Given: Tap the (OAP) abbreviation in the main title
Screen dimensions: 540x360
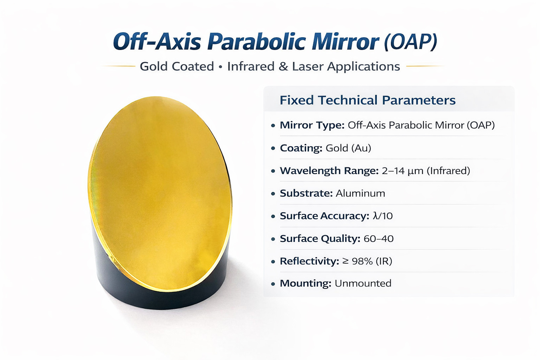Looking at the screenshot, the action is coord(410,41).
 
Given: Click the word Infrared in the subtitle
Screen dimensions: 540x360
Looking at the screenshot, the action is coord(251,66).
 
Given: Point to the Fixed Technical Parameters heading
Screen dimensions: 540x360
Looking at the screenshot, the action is coord(368,100).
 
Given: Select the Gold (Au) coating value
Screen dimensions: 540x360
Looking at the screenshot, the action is coord(348,148).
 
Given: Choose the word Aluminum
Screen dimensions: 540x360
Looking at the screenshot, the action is coord(360,193).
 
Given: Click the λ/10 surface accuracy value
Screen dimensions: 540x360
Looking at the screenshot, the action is coord(382,216).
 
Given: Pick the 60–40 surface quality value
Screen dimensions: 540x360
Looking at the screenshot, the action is coord(379,239).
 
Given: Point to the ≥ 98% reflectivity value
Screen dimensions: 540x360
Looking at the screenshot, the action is coord(357,261).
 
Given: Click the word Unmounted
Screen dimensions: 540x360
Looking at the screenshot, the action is coord(363,283).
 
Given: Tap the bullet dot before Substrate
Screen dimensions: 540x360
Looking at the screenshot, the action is coord(273,194).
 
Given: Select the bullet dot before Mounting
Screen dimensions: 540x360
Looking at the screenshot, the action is coord(273,284).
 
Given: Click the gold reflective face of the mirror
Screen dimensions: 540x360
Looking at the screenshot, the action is coord(160,193).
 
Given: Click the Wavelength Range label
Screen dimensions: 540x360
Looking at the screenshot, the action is coord(329,171).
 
